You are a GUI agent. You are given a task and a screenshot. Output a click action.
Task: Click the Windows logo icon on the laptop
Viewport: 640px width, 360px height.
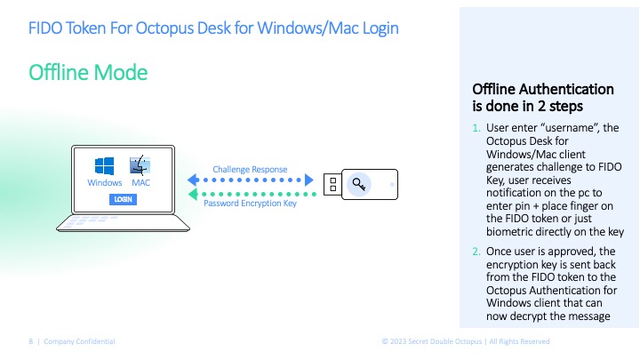pyautogui.click(x=105, y=166)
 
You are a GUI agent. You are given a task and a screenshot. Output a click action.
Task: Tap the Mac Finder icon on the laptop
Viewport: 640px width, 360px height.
pyautogui.click(x=140, y=165)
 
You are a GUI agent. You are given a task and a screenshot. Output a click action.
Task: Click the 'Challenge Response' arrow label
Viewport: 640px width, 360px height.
pyautogui.click(x=249, y=169)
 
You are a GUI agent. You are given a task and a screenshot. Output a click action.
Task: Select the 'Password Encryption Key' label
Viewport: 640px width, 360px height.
pyautogui.click(x=249, y=204)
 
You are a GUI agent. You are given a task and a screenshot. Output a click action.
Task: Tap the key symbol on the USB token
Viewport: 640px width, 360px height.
pyautogui.click(x=359, y=185)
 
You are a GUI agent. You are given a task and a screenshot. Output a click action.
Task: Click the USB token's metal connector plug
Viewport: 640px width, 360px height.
pyautogui.click(x=331, y=186)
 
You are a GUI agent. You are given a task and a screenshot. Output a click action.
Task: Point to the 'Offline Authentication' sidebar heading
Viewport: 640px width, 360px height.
pyautogui.click(x=542, y=89)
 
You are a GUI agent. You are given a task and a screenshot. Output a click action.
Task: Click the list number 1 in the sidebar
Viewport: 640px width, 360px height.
pyautogui.click(x=476, y=127)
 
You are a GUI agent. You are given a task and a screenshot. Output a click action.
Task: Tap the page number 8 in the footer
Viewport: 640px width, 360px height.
pyautogui.click(x=30, y=341)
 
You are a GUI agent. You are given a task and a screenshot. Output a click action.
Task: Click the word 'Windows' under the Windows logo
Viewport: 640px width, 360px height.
pyautogui.click(x=105, y=183)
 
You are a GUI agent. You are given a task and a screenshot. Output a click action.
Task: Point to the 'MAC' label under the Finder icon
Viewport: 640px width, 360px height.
pyautogui.click(x=140, y=183)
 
